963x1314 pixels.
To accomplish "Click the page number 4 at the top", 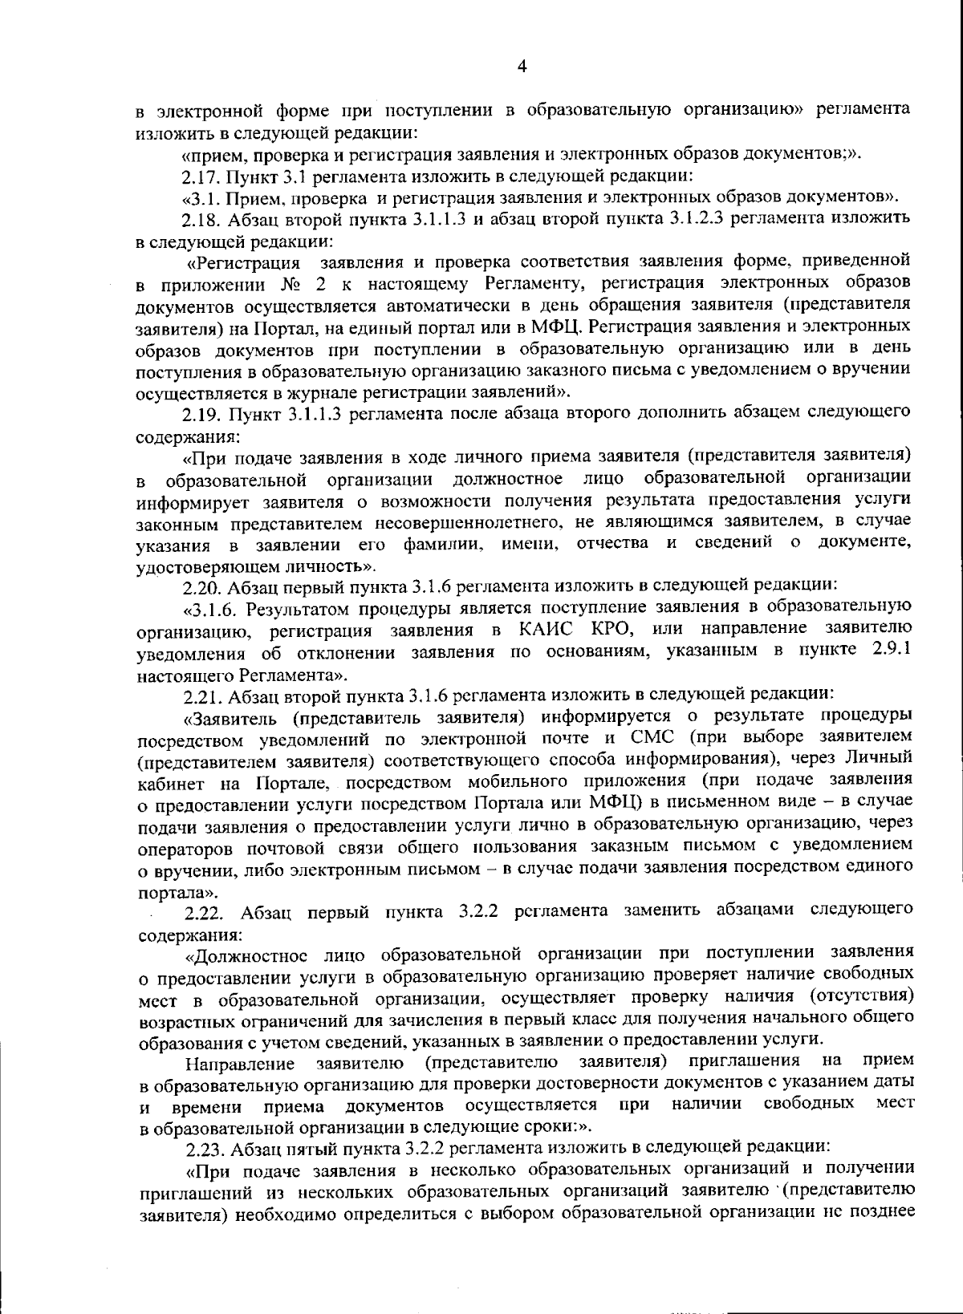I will pyautogui.click(x=522, y=67).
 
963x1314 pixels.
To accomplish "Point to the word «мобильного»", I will pyautogui.click(x=563, y=781).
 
